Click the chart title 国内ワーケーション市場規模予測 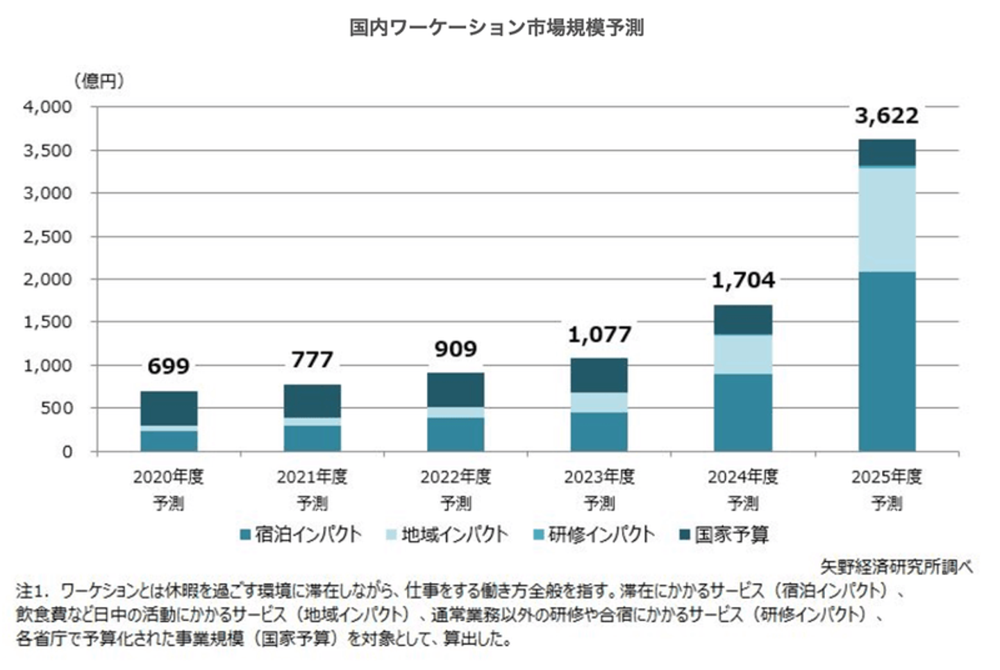[x=497, y=28]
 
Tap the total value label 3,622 [x=886, y=115]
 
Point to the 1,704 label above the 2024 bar [x=743, y=280]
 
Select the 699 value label [x=168, y=366]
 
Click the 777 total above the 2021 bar [x=312, y=360]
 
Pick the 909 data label [x=456, y=349]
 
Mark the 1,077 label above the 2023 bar [x=599, y=335]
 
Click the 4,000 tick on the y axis [x=47, y=107]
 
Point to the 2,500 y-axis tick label [x=47, y=237]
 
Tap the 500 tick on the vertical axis [x=56, y=408]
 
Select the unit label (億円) [x=99, y=81]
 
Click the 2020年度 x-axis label [x=168, y=477]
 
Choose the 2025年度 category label [x=886, y=477]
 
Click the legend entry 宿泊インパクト [x=301, y=535]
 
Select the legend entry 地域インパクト [x=447, y=535]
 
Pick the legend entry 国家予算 [x=724, y=535]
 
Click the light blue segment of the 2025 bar [x=886, y=219]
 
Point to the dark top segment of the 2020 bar [x=169, y=408]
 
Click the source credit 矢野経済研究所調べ [x=896, y=567]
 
